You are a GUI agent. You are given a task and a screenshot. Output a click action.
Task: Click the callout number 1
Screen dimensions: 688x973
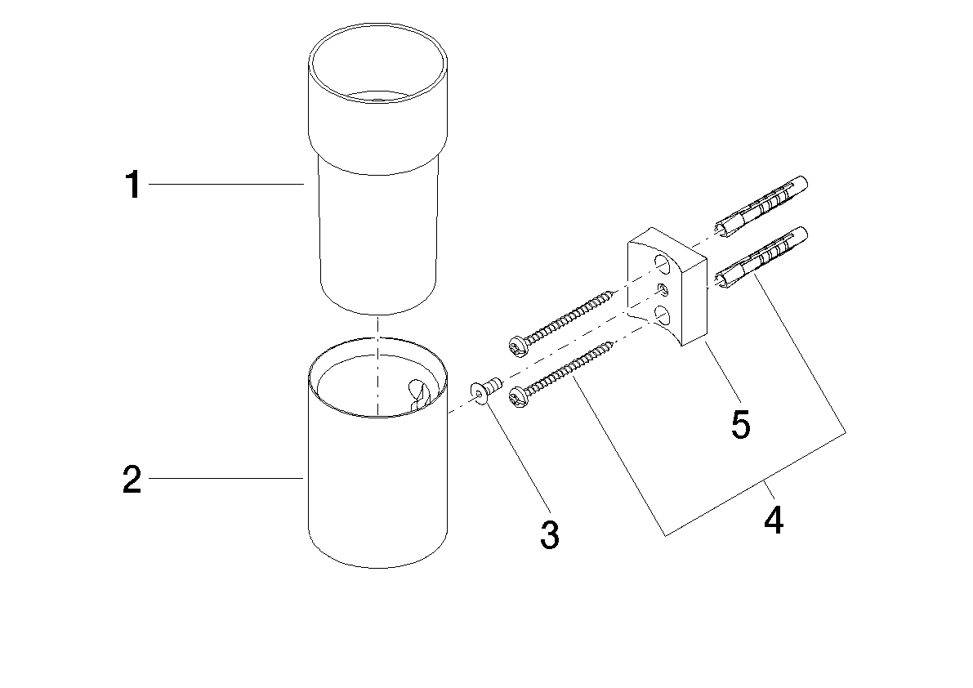pyautogui.click(x=132, y=185)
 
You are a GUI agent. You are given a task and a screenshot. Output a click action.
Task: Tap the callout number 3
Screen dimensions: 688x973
pyautogui.click(x=550, y=535)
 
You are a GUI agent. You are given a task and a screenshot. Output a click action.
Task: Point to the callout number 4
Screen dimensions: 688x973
pyautogui.click(x=773, y=520)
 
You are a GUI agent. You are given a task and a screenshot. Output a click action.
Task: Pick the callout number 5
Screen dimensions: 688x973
pyautogui.click(x=740, y=424)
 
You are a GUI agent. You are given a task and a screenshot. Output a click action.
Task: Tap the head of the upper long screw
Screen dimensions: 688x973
pyautogui.click(x=517, y=346)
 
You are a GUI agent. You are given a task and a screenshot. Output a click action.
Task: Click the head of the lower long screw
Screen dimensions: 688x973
pyautogui.click(x=517, y=398)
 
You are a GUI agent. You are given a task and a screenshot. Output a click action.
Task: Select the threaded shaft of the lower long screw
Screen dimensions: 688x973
pyautogui.click(x=572, y=369)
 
